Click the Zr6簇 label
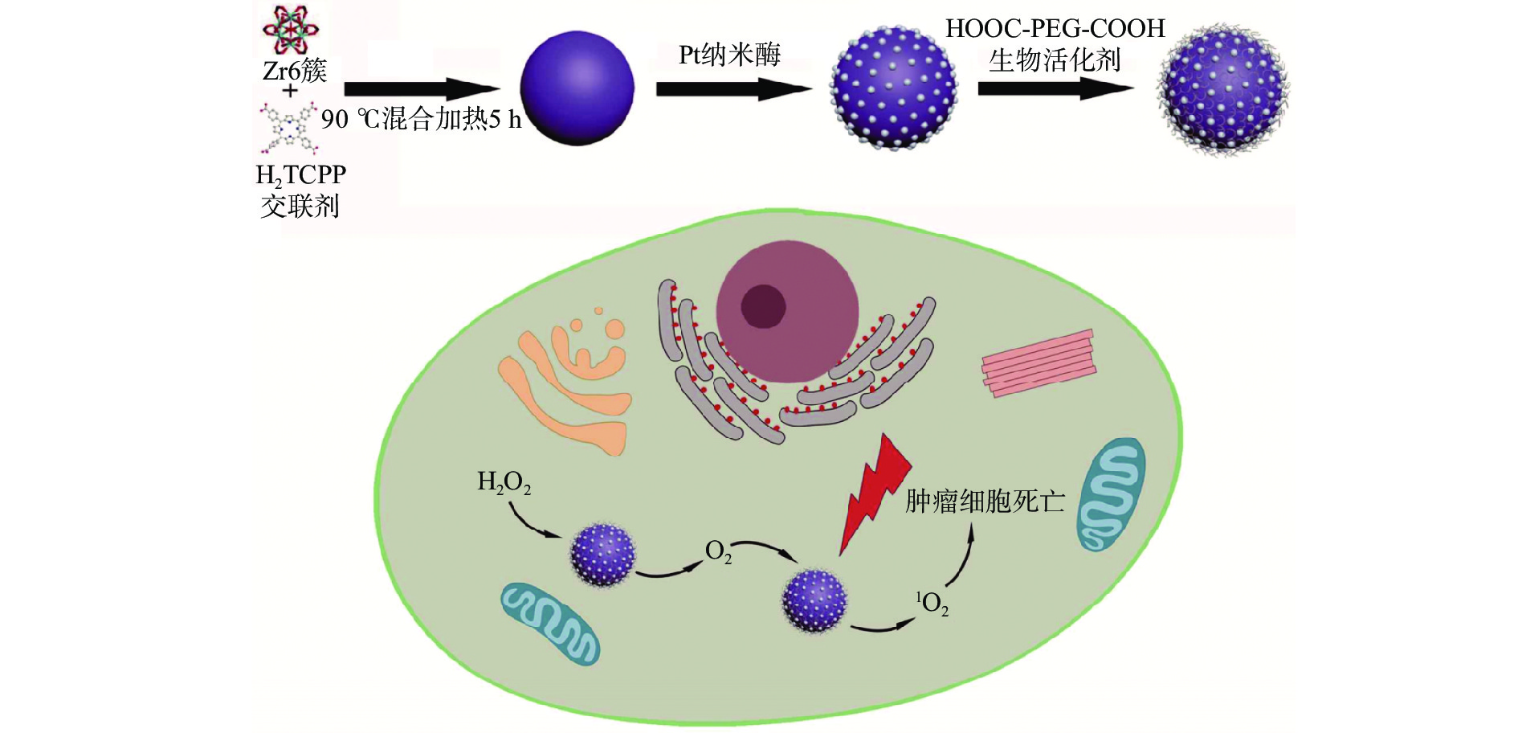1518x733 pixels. pos(295,71)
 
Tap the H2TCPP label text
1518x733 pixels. pos(300,175)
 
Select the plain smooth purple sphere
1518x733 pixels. pos(577,88)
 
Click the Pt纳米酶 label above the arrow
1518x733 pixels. pos(729,55)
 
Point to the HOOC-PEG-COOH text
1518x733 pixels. pos(1055,29)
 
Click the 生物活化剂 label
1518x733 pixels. pos(1054,60)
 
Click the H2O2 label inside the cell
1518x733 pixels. pos(504,482)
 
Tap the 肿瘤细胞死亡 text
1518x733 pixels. pos(985,502)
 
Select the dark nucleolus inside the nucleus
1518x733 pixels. pos(762,306)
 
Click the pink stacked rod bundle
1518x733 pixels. pos(1039,363)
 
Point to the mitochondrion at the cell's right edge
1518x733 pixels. pos(1110,493)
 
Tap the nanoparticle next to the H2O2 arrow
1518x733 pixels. pos(602,555)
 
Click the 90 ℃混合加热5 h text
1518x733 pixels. pos(421,120)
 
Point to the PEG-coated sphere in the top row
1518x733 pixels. pos(1222,88)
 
